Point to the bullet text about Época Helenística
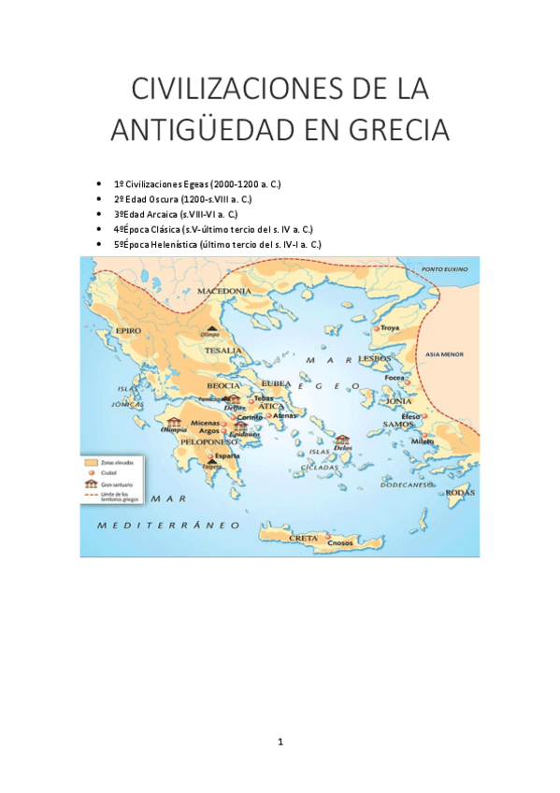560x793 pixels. click(217, 244)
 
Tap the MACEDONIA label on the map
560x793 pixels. click(223, 292)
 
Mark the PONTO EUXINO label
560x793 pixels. click(445, 269)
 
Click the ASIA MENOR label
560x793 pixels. click(444, 355)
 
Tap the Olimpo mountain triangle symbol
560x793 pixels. click(214, 326)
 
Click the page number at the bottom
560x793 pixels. click(280, 742)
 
